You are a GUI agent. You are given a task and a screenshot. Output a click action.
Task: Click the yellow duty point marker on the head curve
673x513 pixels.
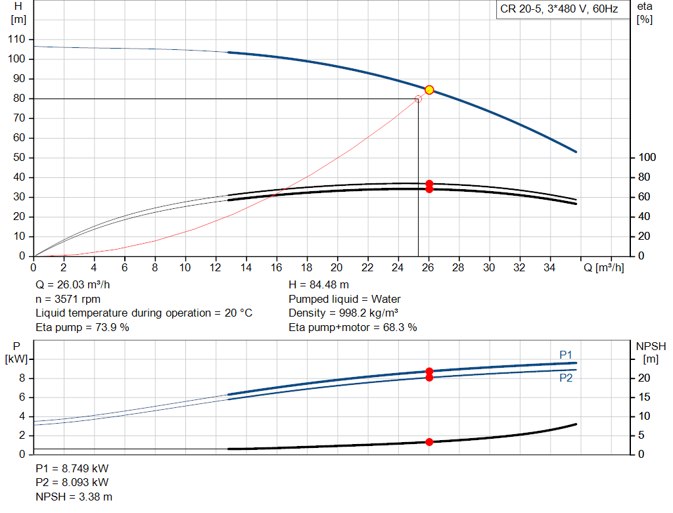tap(429, 90)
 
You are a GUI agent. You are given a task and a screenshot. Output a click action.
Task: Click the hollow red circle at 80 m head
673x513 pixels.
tap(418, 99)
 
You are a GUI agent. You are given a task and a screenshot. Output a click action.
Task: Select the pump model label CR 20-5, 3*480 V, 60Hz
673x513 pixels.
tap(559, 10)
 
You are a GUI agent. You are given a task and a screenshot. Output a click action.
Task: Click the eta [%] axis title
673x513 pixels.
tap(644, 12)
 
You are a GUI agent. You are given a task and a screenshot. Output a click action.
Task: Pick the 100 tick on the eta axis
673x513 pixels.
tap(647, 158)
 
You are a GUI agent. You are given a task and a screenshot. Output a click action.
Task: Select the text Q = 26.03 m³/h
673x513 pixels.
tap(74, 285)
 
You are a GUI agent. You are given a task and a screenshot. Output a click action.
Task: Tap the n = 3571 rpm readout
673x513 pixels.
tap(68, 299)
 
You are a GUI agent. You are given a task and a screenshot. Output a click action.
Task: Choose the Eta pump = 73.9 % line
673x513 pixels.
tap(82, 326)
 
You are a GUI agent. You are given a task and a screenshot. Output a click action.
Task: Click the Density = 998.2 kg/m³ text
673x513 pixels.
tap(344, 313)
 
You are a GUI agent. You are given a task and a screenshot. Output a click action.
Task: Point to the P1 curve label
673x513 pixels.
tap(567, 355)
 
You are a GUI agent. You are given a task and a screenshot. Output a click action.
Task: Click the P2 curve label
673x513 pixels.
tap(567, 378)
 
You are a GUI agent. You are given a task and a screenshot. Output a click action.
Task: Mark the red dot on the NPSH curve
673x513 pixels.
tap(429, 442)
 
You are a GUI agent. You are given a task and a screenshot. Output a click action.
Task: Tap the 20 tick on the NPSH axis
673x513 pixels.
tap(645, 378)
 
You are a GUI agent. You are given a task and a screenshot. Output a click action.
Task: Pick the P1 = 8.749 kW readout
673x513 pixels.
tap(72, 470)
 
